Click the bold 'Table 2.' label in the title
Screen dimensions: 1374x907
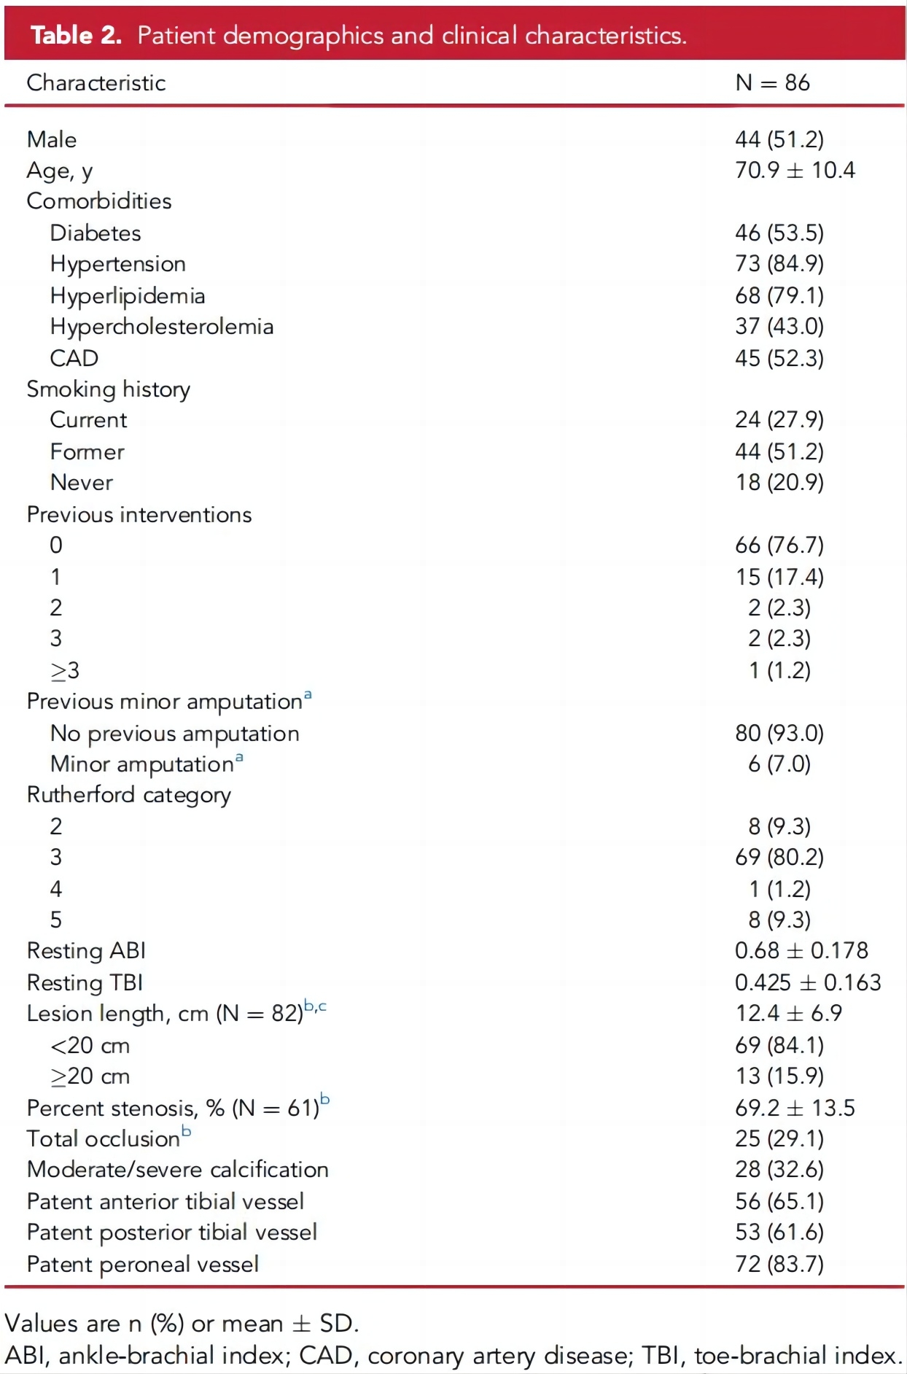pyautogui.click(x=76, y=35)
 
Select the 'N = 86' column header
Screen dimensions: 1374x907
pyautogui.click(x=772, y=83)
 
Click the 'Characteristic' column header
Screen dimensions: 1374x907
pyautogui.click(x=96, y=83)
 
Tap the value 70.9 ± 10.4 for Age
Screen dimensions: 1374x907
pyautogui.click(x=795, y=171)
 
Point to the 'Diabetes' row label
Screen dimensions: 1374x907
pyautogui.click(x=96, y=233)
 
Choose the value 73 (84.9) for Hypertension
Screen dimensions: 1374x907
pyautogui.click(x=779, y=264)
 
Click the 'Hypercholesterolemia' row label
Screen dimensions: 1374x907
pyautogui.click(x=162, y=327)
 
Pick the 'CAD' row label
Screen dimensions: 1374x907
pyautogui.click(x=74, y=358)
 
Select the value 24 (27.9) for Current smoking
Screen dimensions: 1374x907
pyautogui.click(x=779, y=420)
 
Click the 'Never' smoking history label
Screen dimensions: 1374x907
pyautogui.click(x=82, y=483)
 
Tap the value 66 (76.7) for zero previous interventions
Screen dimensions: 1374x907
pyautogui.click(x=779, y=546)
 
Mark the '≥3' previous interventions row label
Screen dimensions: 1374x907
pyautogui.click(x=64, y=670)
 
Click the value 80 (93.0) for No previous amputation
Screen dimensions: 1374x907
pyautogui.click(x=779, y=733)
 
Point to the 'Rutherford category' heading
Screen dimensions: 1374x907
pyautogui.click(x=129, y=795)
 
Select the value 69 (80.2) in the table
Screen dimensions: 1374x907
pyautogui.click(x=779, y=858)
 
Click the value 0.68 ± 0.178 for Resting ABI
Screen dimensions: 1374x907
pyautogui.click(x=801, y=951)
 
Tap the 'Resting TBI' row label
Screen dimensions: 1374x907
pyautogui.click(x=85, y=983)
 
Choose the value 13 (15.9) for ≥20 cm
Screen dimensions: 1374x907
pyautogui.click(x=779, y=1076)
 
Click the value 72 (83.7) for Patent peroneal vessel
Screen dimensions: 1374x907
pyautogui.click(x=779, y=1264)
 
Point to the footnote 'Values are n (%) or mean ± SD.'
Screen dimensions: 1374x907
pyautogui.click(x=182, y=1324)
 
